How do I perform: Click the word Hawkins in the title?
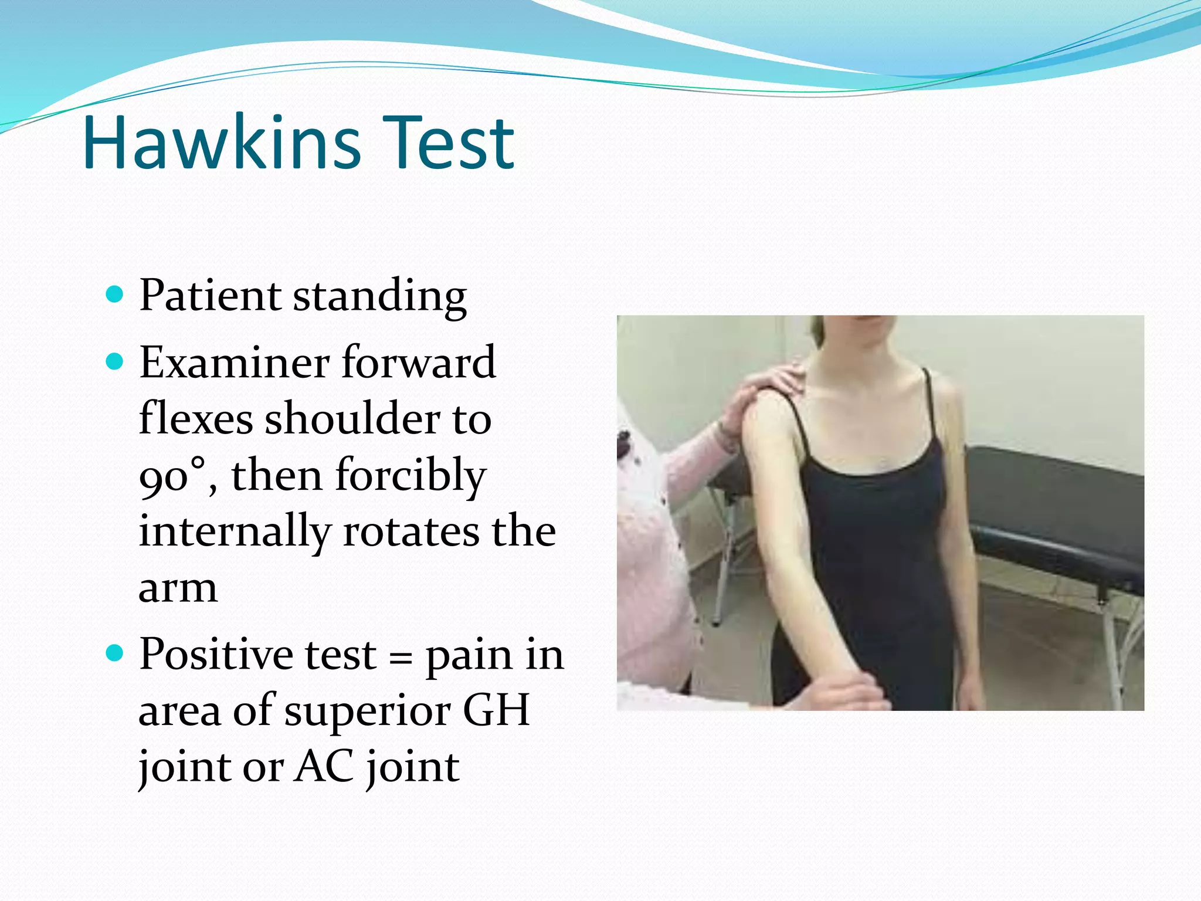222,144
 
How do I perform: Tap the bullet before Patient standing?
116,293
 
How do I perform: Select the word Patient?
210,295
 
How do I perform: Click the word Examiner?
235,363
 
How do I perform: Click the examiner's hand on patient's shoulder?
762,387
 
